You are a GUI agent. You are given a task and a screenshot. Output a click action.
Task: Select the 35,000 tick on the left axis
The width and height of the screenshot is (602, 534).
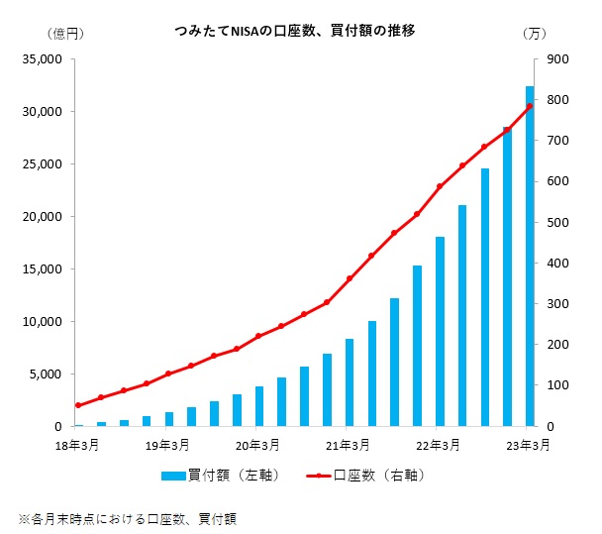[43, 59]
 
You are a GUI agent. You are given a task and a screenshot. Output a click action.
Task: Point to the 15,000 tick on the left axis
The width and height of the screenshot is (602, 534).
[43, 269]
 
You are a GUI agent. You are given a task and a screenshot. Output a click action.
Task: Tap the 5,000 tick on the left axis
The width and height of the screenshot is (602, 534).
[46, 374]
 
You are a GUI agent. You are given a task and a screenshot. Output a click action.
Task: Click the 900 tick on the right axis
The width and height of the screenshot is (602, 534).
[557, 59]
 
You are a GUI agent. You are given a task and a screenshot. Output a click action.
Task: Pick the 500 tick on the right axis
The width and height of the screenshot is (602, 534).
[557, 223]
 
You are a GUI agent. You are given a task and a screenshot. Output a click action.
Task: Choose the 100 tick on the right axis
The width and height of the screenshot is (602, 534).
[557, 385]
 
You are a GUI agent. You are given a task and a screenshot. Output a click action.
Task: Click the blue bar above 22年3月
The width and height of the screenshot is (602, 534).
[440, 332]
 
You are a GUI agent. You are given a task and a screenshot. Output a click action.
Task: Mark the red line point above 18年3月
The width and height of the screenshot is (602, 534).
[78, 405]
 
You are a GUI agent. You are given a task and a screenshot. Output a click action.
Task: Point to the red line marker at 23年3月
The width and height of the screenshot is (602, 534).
[530, 107]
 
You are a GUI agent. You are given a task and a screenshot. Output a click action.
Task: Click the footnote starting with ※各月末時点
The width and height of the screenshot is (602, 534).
[128, 517]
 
